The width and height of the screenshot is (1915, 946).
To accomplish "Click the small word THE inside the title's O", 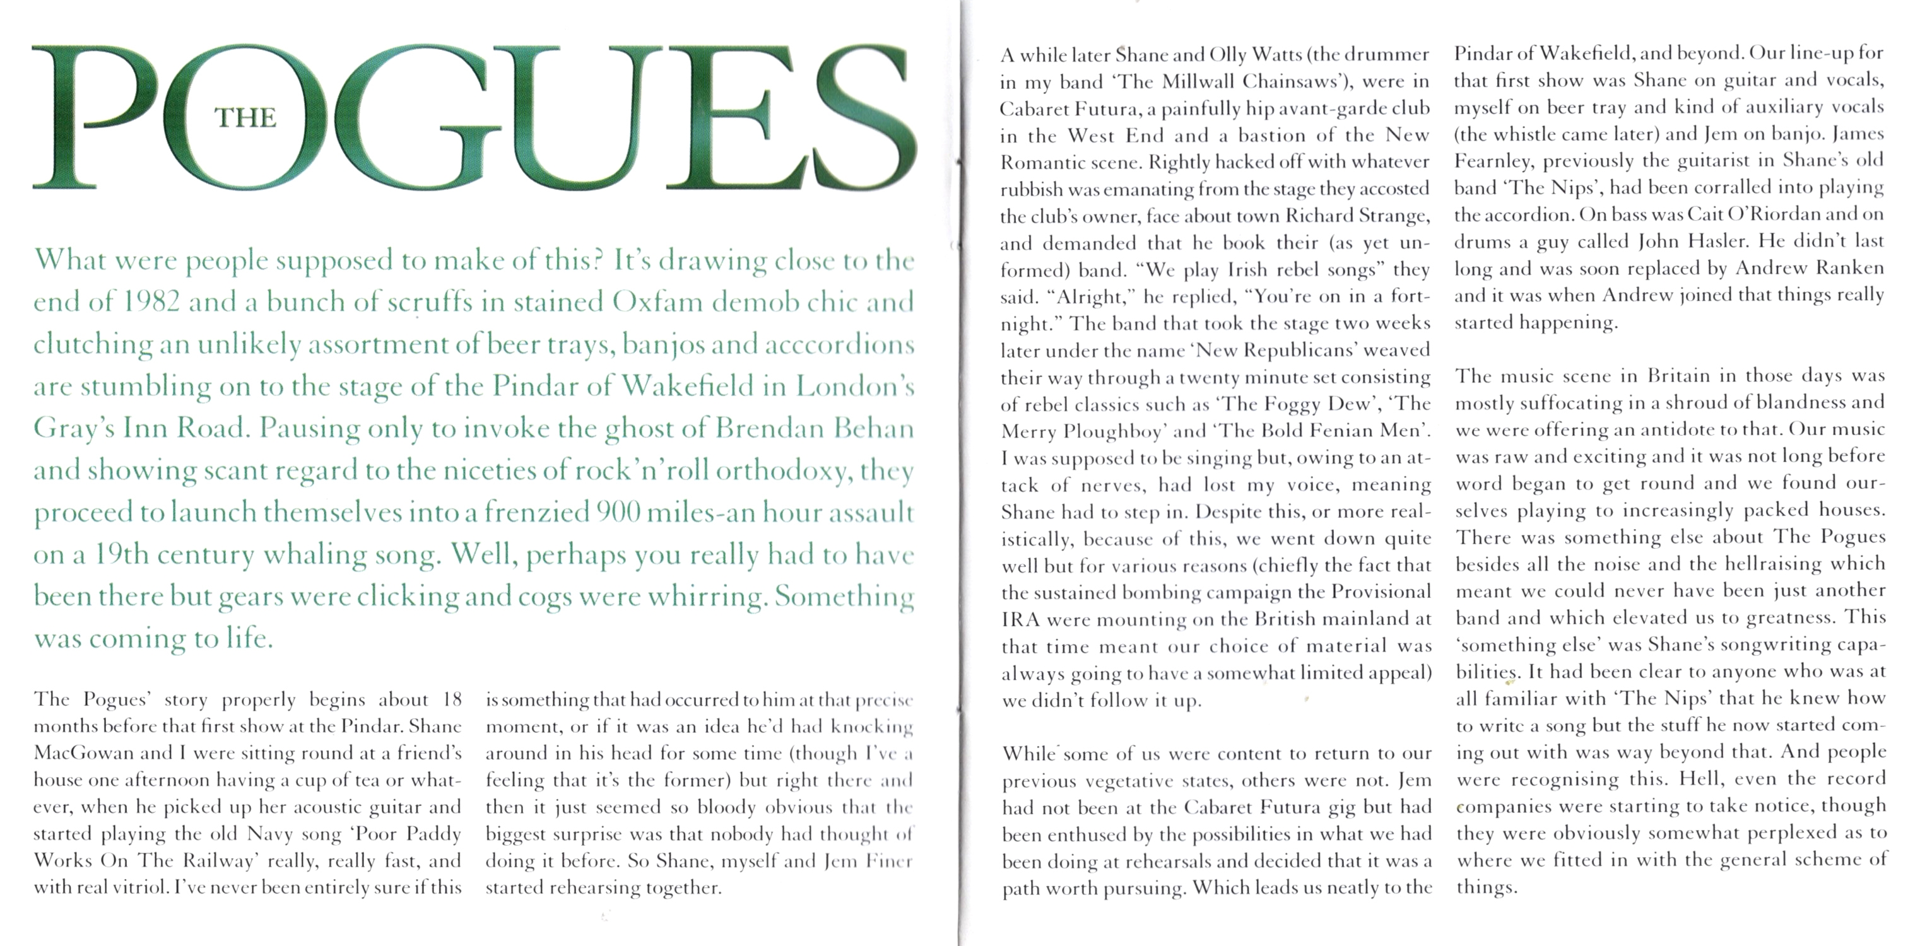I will tap(245, 118).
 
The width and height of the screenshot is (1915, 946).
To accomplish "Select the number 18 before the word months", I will tap(452, 699).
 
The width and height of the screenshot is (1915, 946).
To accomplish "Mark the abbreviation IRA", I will tap(1018, 619).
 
